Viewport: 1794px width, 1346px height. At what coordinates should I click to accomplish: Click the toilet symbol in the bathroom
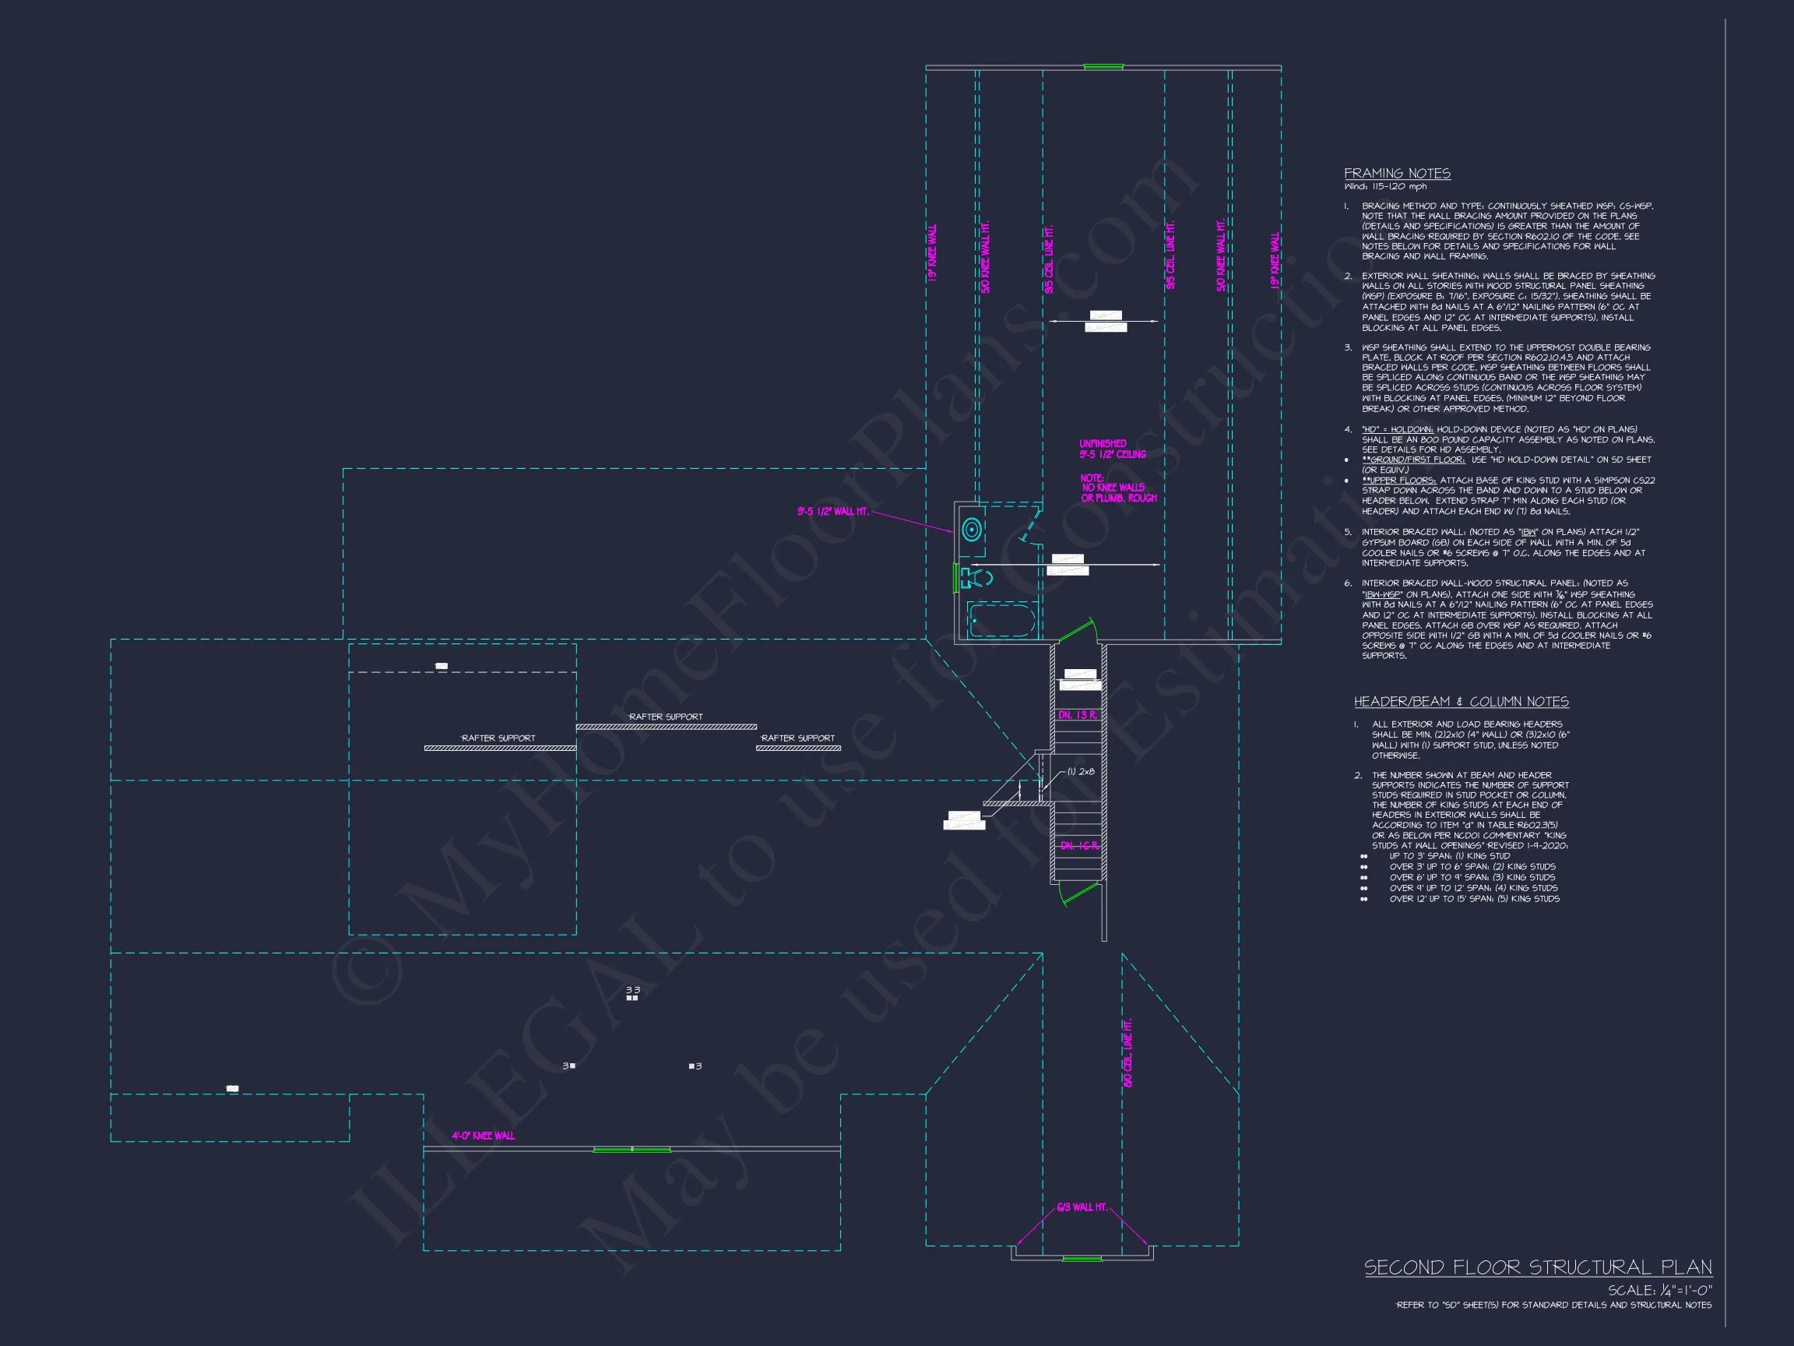[976, 579]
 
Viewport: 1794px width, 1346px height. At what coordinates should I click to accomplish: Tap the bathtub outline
[1002, 622]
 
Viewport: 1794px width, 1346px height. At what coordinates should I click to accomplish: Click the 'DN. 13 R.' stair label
[1078, 716]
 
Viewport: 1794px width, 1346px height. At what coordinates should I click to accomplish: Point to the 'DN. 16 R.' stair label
[1078, 846]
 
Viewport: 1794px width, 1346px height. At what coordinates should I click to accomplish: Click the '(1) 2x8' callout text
[1080, 772]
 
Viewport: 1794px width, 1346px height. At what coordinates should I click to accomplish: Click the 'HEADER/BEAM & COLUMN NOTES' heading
[1461, 702]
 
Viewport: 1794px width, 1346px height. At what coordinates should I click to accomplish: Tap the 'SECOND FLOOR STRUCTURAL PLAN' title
[1538, 1267]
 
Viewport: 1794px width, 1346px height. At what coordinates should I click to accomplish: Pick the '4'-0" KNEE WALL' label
[483, 1136]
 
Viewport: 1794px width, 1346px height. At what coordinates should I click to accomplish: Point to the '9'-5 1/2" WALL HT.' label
[832, 512]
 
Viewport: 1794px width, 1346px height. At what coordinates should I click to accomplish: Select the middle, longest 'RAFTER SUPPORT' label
[666, 717]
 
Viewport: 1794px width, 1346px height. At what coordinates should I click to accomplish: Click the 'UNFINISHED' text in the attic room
[1103, 444]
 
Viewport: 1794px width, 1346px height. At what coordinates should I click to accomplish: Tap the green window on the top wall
[1103, 66]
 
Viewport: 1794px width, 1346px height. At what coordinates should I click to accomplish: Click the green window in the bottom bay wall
[1082, 1259]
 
